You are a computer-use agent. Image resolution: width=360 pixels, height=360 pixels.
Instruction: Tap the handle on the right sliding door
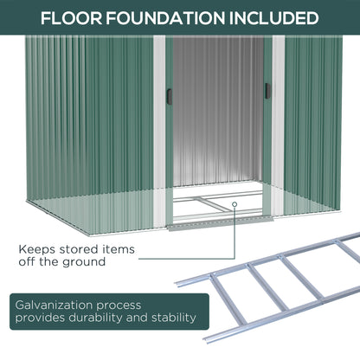(267, 90)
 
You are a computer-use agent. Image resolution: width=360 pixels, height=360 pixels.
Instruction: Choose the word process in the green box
(129, 304)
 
